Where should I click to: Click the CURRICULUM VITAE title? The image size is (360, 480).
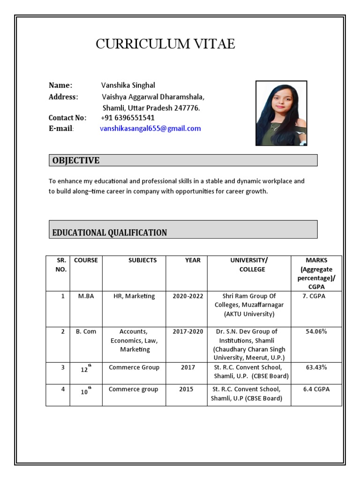click(165, 44)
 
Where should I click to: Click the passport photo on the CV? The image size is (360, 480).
click(281, 113)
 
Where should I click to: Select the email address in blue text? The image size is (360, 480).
click(150, 128)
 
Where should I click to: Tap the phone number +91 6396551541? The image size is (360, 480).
click(127, 118)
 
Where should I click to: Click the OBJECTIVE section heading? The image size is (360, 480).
click(76, 160)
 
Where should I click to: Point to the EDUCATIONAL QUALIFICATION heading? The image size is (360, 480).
click(110, 232)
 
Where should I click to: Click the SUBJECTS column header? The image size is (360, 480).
click(142, 260)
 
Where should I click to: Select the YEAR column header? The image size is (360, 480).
click(193, 260)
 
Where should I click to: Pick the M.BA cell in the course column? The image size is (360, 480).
click(86, 296)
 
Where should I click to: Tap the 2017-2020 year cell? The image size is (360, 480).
click(187, 331)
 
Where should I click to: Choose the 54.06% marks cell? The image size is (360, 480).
click(316, 331)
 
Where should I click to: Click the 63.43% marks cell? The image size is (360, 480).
click(316, 367)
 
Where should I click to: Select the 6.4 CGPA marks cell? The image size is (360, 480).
click(316, 389)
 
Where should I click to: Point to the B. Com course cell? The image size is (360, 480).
click(86, 331)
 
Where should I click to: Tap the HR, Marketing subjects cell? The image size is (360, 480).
click(134, 296)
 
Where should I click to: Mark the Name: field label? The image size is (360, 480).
click(60, 85)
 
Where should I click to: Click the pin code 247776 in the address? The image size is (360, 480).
click(187, 108)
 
